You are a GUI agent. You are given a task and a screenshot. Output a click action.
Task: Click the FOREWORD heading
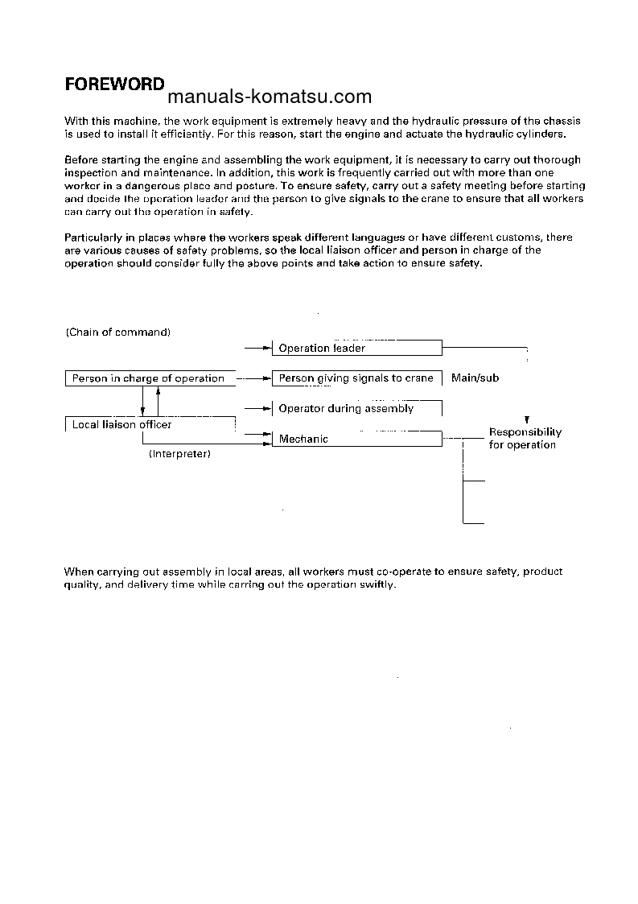coord(114,85)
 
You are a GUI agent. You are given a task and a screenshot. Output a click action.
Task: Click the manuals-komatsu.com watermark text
coord(270,97)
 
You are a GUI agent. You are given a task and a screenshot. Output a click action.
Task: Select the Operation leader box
coord(357,348)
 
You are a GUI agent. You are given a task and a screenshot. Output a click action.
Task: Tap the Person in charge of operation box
coord(150,378)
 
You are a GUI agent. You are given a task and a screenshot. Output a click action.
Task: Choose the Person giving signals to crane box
coord(357,378)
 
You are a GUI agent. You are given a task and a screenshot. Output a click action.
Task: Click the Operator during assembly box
coord(357,408)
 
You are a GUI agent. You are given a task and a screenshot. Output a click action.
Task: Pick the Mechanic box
coord(357,439)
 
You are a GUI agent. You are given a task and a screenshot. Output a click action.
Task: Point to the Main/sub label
coord(475,378)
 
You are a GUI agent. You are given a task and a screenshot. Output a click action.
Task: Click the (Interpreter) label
coord(179,454)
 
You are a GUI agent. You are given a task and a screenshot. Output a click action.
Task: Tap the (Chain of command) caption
coord(117,332)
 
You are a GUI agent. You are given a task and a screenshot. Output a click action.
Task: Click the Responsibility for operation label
coord(525,439)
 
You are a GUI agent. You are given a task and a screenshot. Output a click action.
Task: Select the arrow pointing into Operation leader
coord(258,348)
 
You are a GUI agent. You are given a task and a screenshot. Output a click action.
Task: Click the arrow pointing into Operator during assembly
coord(258,408)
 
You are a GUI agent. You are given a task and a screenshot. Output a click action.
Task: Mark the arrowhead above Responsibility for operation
coord(526,420)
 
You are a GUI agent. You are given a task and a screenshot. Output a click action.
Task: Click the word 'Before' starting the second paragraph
coord(80,160)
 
